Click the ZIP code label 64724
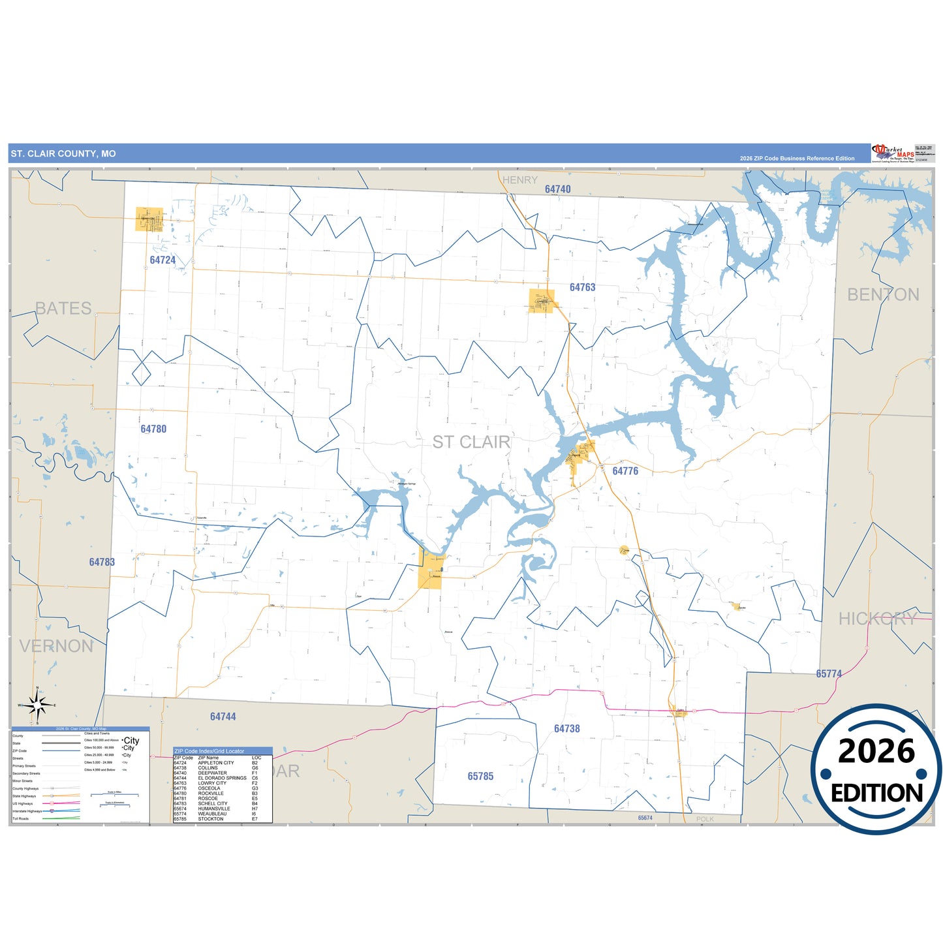coord(162,260)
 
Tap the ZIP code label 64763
coord(582,287)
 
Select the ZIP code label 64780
coord(153,429)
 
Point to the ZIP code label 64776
coord(625,471)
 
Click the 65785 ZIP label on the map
coord(480,776)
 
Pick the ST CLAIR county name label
coord(471,442)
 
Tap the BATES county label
coord(63,308)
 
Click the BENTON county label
coord(883,295)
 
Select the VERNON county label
coord(56,646)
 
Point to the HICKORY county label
coord(878,619)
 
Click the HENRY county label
coord(520,180)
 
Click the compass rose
coord(37,705)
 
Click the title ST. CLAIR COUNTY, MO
coord(63,154)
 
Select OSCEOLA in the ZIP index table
coord(209,788)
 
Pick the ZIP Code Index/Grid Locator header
coord(209,751)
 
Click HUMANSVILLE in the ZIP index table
coord(214,809)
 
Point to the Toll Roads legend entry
coord(21,818)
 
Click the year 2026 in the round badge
coord(876,751)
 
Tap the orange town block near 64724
coord(149,219)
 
